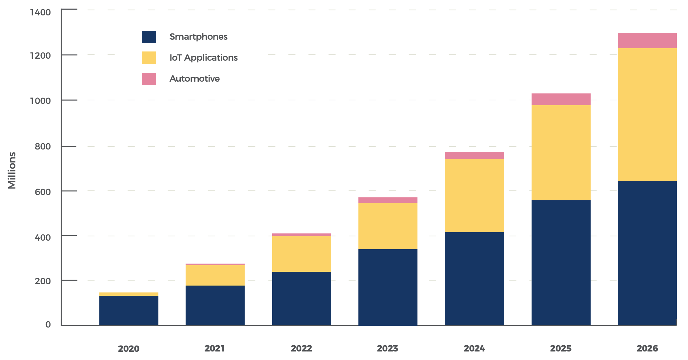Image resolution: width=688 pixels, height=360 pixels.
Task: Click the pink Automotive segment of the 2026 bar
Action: pos(647,41)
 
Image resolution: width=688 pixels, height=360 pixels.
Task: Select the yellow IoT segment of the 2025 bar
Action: pos(561,152)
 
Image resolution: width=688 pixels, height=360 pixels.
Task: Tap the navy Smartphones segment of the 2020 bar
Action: pos(129,310)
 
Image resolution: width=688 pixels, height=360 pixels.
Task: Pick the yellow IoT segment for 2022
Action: pos(301,253)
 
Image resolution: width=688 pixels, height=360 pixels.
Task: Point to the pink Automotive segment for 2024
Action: pos(474,155)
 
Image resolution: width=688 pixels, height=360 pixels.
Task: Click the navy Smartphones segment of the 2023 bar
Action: pos(388,287)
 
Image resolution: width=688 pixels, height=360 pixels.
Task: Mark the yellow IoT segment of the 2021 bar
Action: pos(215,275)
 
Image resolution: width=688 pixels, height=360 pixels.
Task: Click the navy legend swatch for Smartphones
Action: pos(149,37)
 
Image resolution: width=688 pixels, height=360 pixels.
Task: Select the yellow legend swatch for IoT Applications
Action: pos(149,58)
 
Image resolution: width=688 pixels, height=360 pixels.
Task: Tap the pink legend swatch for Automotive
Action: pos(149,79)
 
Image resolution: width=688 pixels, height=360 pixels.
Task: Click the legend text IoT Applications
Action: pos(203,58)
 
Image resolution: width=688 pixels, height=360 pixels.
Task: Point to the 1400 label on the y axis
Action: pos(40,12)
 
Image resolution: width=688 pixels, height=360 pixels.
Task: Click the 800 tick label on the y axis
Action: pos(43,147)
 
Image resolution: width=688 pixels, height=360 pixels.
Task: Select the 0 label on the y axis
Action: pos(48,325)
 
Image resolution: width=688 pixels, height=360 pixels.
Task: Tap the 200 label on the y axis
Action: pos(43,281)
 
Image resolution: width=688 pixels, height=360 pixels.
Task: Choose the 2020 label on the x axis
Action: pos(129,349)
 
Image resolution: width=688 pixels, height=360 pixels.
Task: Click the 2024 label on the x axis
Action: pos(474,348)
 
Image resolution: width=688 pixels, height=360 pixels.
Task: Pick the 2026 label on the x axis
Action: pos(647,348)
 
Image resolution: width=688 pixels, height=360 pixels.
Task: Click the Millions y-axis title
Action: pos(12,170)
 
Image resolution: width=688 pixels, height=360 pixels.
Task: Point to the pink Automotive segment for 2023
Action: pos(388,200)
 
